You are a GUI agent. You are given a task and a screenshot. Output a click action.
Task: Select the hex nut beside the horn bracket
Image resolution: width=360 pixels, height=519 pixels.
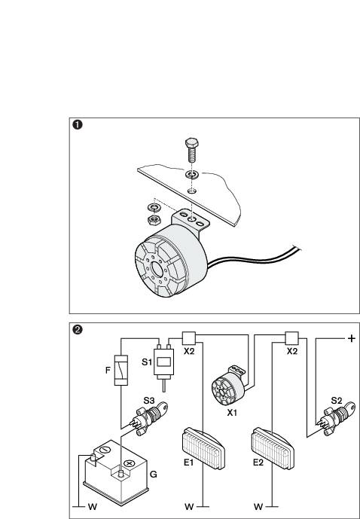(x=151, y=218)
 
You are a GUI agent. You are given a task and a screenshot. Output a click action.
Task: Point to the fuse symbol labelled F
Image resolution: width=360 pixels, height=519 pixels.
(x=120, y=371)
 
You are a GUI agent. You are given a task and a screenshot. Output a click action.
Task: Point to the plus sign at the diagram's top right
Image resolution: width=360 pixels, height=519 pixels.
(x=350, y=339)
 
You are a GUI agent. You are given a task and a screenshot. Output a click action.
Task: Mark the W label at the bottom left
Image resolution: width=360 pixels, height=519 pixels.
(x=92, y=507)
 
